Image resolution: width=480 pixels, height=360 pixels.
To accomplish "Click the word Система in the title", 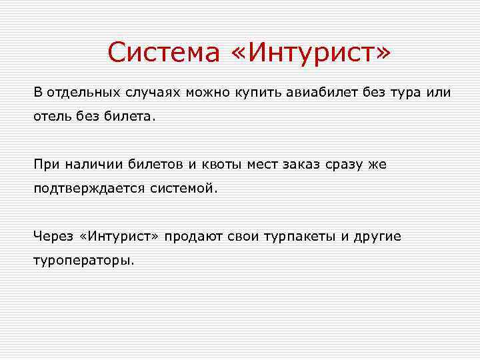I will coord(163,53).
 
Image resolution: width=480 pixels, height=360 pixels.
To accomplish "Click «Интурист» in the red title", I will coord(311,53).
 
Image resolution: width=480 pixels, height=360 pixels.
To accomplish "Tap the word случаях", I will coord(151,91).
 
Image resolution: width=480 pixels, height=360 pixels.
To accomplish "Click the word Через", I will coord(54,237).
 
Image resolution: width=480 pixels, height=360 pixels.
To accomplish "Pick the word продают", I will coord(194,237).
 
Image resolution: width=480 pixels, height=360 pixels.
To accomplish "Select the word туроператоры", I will coord(84,261).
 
